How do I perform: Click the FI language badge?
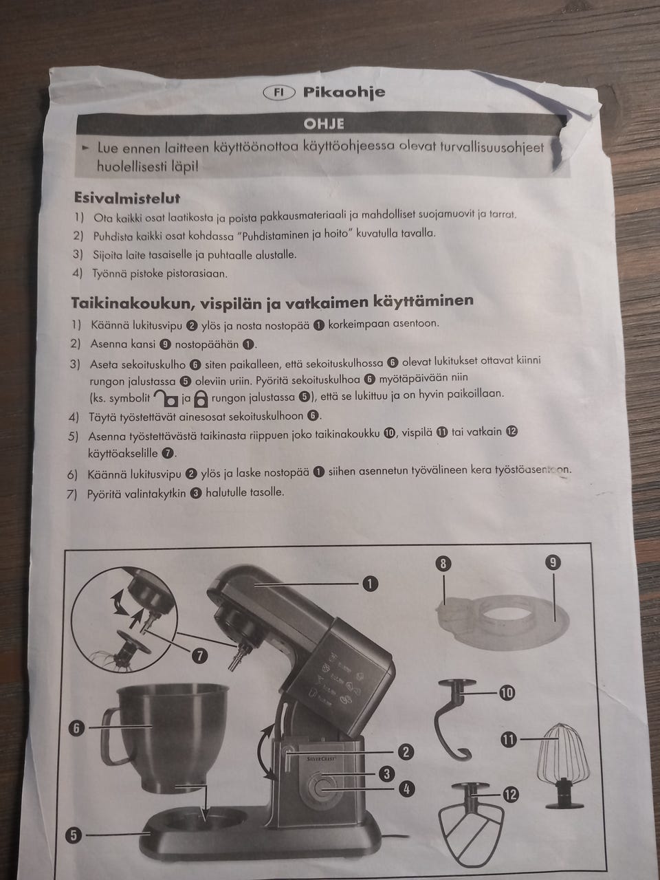[x=278, y=93]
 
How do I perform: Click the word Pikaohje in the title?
[x=344, y=92]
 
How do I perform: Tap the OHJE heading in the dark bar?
[x=323, y=124]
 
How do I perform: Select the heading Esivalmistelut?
[x=127, y=198]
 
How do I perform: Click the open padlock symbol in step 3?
[x=166, y=398]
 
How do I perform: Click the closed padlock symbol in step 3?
[x=201, y=399]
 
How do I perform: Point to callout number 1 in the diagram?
[x=370, y=584]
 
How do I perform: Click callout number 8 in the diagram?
[x=443, y=564]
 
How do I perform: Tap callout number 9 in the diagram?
[x=553, y=563]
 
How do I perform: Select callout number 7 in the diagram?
[x=199, y=655]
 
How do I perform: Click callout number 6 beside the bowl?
[x=76, y=729]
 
